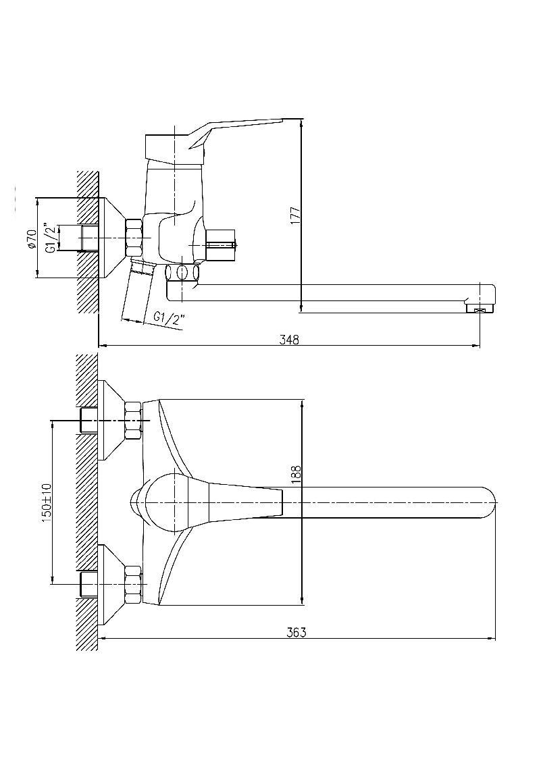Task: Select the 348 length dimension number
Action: pyautogui.click(x=289, y=340)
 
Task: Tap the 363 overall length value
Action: pyautogui.click(x=296, y=632)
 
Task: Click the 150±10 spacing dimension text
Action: pyautogui.click(x=47, y=502)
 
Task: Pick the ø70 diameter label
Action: pyautogui.click(x=32, y=238)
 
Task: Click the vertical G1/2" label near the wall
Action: pyautogui.click(x=50, y=238)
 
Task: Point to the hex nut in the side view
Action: pyautogui.click(x=134, y=238)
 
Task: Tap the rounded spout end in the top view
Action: pyautogui.click(x=488, y=503)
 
